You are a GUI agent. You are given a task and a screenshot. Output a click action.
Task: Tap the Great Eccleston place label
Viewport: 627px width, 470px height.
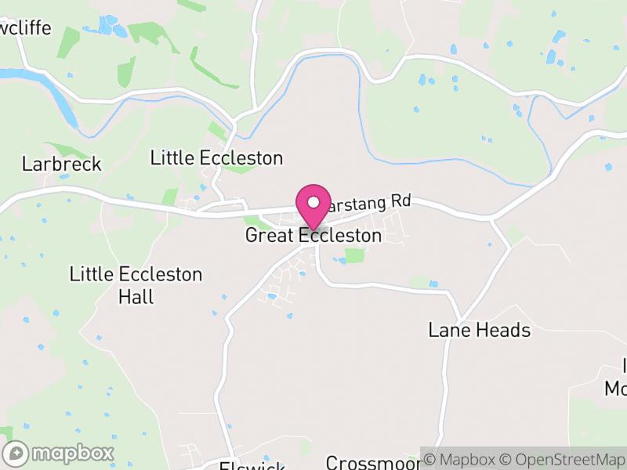[313, 236]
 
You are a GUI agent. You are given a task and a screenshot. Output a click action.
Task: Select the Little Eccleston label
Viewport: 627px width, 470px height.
[216, 158]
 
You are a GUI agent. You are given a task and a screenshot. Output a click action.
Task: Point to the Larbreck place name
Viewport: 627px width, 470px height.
[62, 164]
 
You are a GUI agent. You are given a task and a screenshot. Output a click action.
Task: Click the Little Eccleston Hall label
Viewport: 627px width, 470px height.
[136, 285]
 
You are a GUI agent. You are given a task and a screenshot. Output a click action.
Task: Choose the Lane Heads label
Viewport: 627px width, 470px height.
[480, 330]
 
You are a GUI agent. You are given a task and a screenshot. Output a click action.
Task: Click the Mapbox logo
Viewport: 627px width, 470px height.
[60, 453]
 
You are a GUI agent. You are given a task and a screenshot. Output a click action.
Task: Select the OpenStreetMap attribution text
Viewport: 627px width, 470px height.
[561, 459]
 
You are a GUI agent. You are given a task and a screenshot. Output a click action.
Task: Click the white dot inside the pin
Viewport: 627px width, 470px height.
[313, 202]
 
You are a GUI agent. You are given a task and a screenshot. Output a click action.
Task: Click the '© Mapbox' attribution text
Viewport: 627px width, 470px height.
[462, 459]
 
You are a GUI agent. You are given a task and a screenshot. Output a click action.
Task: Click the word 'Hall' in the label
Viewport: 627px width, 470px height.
[136, 297]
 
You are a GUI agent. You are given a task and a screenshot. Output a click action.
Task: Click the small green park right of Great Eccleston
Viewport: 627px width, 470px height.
[355, 255]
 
